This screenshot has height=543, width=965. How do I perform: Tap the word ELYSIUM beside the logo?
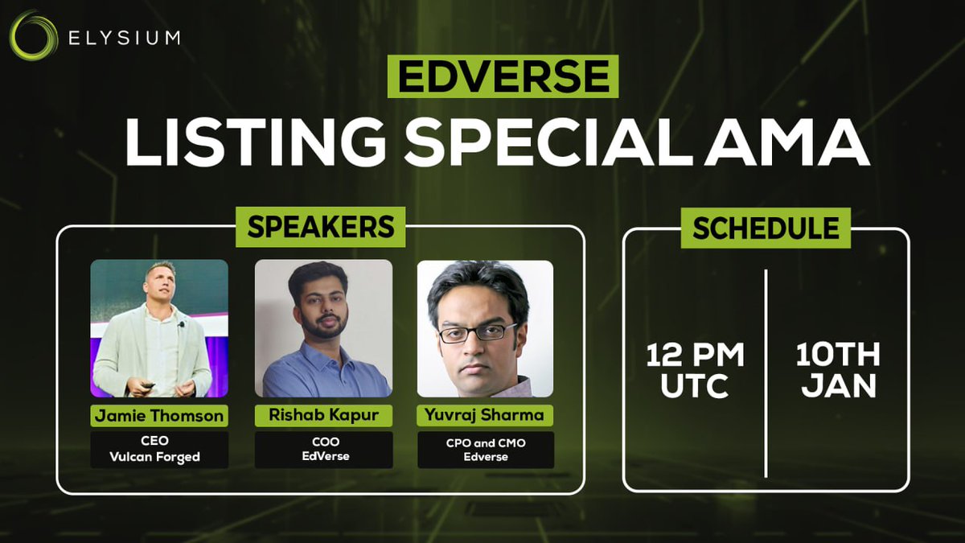click(x=124, y=38)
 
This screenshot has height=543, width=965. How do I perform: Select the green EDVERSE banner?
click(x=503, y=76)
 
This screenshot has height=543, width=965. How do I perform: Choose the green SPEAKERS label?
click(x=321, y=227)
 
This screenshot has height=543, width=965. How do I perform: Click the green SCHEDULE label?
click(x=766, y=228)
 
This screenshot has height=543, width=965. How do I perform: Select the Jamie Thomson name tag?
click(x=159, y=416)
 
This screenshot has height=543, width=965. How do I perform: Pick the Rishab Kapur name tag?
click(x=323, y=415)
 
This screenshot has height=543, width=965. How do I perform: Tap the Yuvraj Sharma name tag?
click(x=485, y=415)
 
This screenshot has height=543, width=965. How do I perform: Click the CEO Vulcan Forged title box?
click(x=159, y=450)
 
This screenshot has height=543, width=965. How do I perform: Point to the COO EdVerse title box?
click(x=323, y=450)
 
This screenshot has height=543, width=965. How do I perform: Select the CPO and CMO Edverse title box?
click(x=486, y=450)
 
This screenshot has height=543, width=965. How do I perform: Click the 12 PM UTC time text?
click(x=695, y=371)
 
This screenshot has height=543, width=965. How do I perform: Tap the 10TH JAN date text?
click(x=838, y=370)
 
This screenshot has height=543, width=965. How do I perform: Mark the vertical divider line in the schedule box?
click(x=766, y=373)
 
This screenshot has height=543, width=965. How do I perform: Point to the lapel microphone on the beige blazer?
click(x=182, y=324)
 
